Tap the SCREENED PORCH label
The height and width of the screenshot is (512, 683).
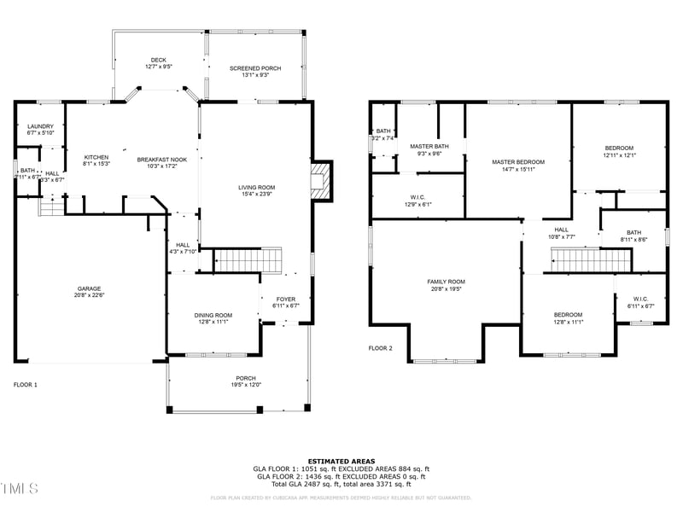point(255,68)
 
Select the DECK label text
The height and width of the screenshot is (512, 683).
point(159,60)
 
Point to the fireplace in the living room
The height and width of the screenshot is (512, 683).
point(320,181)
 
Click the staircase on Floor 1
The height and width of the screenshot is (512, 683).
point(247,260)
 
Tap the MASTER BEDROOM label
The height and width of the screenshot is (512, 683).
point(517,162)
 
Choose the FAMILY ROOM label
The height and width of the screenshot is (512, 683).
point(446,282)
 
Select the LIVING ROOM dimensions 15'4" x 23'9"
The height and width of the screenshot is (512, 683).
point(256,195)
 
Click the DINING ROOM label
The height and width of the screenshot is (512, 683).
point(213,315)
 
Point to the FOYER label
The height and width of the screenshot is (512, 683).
point(285,299)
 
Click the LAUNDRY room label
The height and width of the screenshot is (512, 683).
point(40,126)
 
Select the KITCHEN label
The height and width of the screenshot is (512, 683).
point(96,157)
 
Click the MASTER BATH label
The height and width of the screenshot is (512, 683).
point(429,146)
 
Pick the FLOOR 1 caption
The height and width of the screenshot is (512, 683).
point(25,385)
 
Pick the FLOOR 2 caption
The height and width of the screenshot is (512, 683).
point(380,348)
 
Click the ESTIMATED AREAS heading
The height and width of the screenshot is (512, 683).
point(341,461)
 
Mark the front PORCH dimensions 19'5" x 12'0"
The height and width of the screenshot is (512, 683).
point(246,385)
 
